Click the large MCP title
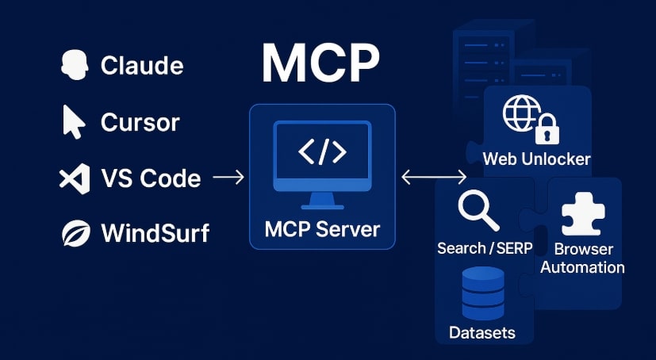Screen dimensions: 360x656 [321, 63]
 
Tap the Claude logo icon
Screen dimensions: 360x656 [73, 65]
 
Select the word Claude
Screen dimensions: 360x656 [142, 65]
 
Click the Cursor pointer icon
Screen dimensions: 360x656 [73, 122]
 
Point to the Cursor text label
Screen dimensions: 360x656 [140, 122]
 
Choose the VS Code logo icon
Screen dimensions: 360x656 [74, 178]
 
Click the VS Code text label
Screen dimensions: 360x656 [151, 178]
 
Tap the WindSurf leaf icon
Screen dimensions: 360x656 [74, 233]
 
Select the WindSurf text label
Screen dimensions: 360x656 [155, 233]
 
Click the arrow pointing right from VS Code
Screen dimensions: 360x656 [228, 178]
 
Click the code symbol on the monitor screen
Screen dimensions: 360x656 [322, 152]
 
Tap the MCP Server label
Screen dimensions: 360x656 [322, 230]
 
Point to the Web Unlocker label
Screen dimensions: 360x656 [537, 159]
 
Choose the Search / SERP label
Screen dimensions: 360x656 [485, 248]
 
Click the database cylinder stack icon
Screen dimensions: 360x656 [482, 291]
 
